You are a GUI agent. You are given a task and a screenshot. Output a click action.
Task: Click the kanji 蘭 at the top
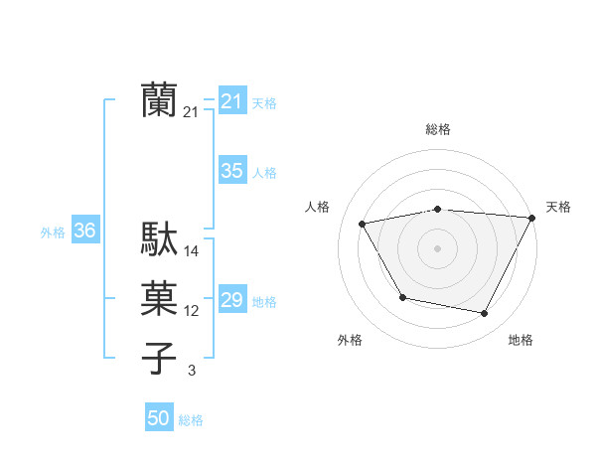point(159,100)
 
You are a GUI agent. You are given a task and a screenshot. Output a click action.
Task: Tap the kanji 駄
point(159,239)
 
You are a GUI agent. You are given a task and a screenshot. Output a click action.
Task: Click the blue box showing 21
point(231,100)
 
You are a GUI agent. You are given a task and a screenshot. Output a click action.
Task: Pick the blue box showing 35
point(231,171)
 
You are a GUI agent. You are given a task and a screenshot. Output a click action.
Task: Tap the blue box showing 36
point(84,232)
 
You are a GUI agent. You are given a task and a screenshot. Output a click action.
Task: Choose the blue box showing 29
point(231,300)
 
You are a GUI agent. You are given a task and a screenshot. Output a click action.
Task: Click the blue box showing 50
point(158,418)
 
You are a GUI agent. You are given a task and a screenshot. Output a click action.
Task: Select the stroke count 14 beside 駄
point(192,251)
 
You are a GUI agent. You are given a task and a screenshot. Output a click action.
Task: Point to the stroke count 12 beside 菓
point(192,311)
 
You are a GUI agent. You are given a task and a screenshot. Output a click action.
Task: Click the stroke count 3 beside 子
point(192,371)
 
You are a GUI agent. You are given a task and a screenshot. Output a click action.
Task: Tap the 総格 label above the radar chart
point(438,129)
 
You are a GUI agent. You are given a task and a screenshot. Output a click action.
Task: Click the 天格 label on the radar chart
point(559,207)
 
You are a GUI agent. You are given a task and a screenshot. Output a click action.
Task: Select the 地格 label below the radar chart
point(521,340)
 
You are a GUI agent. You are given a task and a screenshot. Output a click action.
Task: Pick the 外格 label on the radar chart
point(350,340)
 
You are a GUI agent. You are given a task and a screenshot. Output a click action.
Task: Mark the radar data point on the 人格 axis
point(363,225)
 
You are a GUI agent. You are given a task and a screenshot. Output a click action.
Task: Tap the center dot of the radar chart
point(438,247)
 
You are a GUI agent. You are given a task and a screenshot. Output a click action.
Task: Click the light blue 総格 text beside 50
point(191,420)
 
